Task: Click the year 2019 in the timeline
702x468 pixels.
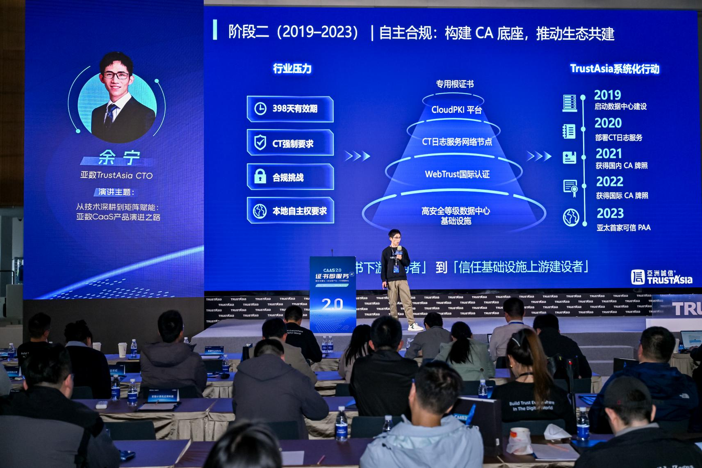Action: [x=607, y=95]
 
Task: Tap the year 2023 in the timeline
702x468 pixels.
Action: [x=610, y=213]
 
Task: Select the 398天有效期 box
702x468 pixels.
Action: [x=290, y=109]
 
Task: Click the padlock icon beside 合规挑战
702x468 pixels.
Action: [x=260, y=177]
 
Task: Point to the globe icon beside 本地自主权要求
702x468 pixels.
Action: [x=260, y=211]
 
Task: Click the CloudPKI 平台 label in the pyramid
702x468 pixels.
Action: [x=456, y=110]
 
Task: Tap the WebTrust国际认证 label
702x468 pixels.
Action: [x=457, y=174]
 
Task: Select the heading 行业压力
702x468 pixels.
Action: [x=292, y=68]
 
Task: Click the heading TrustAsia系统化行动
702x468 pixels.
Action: [x=614, y=68]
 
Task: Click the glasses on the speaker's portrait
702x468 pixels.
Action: [x=116, y=75]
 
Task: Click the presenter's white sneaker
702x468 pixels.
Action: [x=415, y=327]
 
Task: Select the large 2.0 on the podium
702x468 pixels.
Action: [x=332, y=304]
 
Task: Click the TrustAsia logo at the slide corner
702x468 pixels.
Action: [x=661, y=277]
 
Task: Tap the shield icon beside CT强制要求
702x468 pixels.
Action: [x=260, y=143]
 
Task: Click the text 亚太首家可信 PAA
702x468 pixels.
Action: [x=623, y=228]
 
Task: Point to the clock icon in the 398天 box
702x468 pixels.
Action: [x=260, y=109]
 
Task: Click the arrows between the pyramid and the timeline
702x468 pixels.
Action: [x=539, y=156]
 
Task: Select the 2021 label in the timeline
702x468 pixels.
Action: [x=609, y=154]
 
